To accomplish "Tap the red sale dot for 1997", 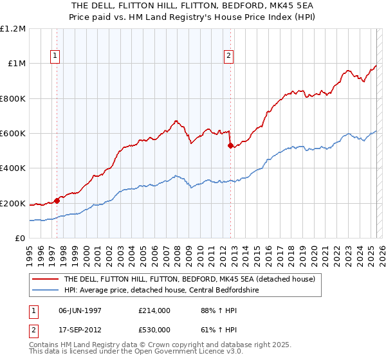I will pos(57,201).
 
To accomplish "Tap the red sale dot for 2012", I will pos(230,145).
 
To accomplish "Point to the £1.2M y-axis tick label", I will pos(13,29).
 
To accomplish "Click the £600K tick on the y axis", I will pos(13,134).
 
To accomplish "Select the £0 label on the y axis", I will pos(20,239).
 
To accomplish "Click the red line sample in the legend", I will pos(45,280).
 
